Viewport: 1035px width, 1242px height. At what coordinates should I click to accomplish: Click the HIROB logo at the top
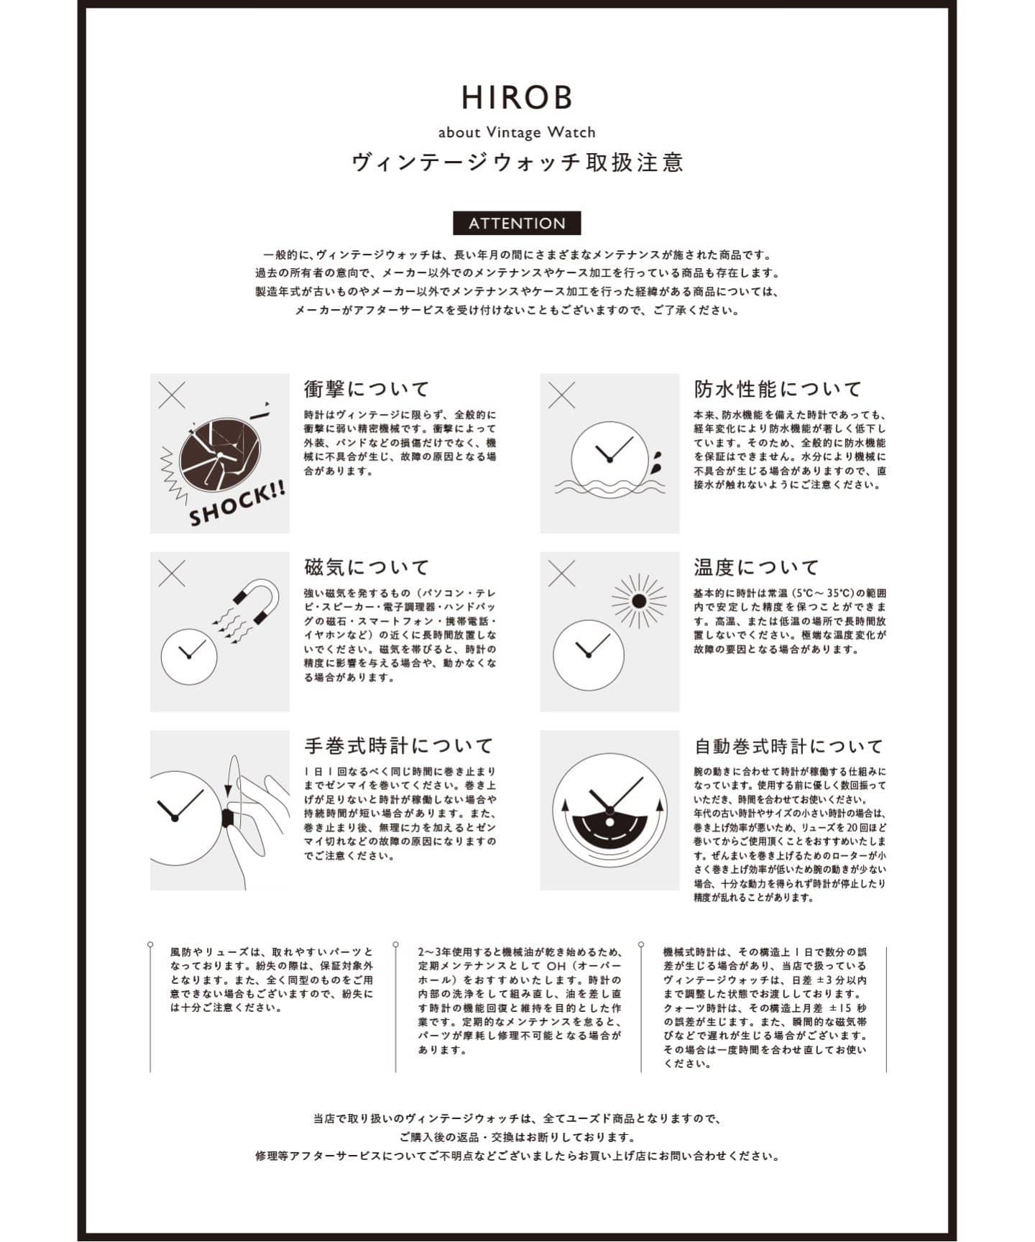pyautogui.click(x=517, y=98)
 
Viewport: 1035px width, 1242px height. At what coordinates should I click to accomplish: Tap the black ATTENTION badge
pyautogui.click(x=517, y=224)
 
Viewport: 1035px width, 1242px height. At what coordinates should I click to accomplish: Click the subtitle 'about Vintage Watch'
pyautogui.click(x=517, y=132)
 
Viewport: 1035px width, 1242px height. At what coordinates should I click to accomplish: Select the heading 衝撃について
pyautogui.click(x=367, y=389)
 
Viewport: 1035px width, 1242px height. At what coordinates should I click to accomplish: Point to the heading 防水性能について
pyautogui.click(x=778, y=389)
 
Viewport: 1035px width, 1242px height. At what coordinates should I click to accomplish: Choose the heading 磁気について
pyautogui.click(x=367, y=567)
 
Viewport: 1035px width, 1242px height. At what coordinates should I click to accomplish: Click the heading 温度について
pyautogui.click(x=756, y=567)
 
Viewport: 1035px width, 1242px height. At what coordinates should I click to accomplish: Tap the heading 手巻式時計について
pyautogui.click(x=399, y=745)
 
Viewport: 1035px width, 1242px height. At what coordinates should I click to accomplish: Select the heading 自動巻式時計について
pyautogui.click(x=788, y=745)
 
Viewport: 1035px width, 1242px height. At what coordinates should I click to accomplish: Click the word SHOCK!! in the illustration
pyautogui.click(x=237, y=504)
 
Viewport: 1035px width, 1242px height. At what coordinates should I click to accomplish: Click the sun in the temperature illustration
pyautogui.click(x=638, y=601)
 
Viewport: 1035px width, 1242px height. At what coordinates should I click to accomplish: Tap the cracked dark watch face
pyautogui.click(x=219, y=454)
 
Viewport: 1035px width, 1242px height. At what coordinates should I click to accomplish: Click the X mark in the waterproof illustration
pyautogui.click(x=561, y=395)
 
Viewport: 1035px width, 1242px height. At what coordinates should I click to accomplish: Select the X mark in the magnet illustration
pyautogui.click(x=171, y=574)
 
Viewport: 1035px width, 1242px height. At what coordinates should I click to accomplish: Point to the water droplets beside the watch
pyautogui.click(x=657, y=462)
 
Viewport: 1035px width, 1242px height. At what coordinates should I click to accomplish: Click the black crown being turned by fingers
pyautogui.click(x=228, y=818)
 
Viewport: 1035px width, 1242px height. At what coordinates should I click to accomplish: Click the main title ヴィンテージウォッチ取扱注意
pyautogui.click(x=517, y=162)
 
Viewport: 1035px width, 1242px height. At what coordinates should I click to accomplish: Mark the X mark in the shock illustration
pyautogui.click(x=171, y=395)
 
